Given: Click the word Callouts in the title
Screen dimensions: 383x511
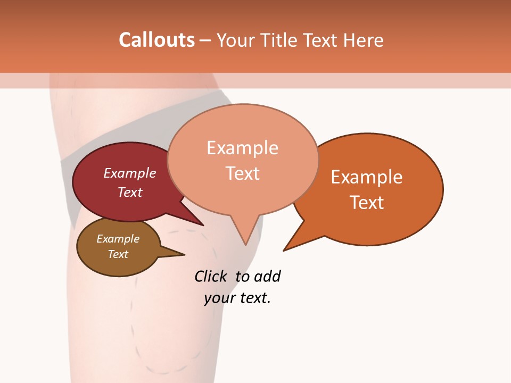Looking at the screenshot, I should point(156,40).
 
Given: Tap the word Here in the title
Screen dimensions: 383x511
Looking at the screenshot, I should point(361,40).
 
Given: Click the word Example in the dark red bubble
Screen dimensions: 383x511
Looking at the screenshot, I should point(130,173).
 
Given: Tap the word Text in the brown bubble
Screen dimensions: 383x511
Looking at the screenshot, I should point(118,254).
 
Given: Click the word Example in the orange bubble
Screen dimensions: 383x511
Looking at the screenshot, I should point(367,177).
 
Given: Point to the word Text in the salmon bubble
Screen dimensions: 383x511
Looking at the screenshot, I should point(243,173).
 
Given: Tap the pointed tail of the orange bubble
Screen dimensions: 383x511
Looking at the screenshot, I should point(290,246).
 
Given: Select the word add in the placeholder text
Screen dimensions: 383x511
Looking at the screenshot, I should point(267,276).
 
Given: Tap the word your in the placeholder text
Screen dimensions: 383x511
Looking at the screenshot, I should point(218,298).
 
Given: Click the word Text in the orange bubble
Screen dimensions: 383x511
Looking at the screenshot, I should point(367,202).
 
